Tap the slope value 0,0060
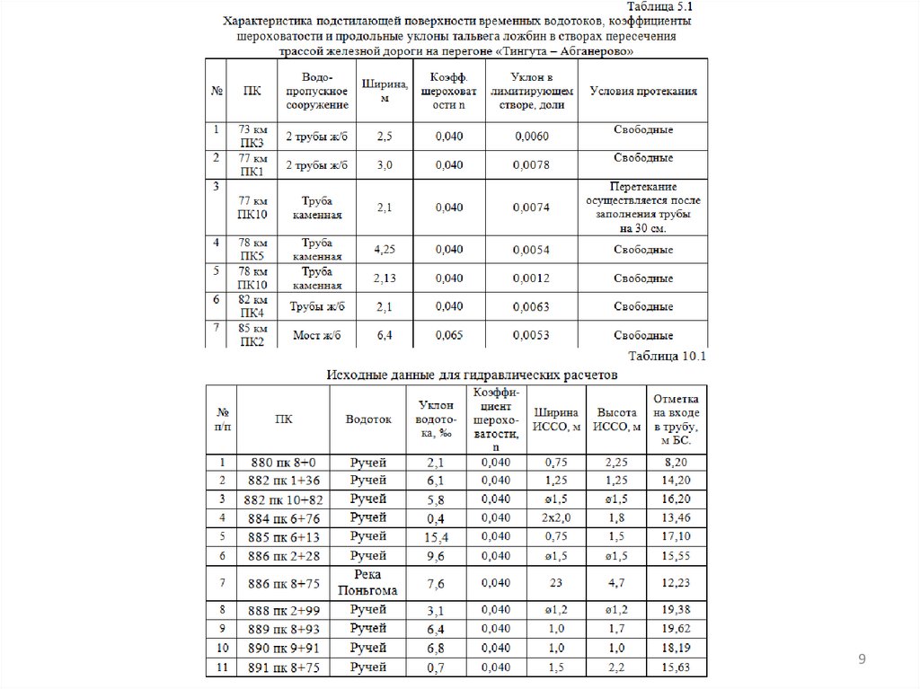click(x=532, y=137)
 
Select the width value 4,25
click(x=384, y=248)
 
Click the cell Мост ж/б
click(x=317, y=336)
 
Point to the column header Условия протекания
click(x=642, y=92)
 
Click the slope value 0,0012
click(x=532, y=278)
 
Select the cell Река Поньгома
click(x=368, y=583)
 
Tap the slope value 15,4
click(x=436, y=536)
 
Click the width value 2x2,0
click(x=556, y=517)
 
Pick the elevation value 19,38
click(x=674, y=611)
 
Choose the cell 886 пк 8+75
click(x=283, y=583)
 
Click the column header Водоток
click(x=368, y=419)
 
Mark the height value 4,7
click(x=615, y=583)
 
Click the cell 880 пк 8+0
click(x=283, y=462)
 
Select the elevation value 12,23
click(x=674, y=583)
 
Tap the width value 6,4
click(x=384, y=336)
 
